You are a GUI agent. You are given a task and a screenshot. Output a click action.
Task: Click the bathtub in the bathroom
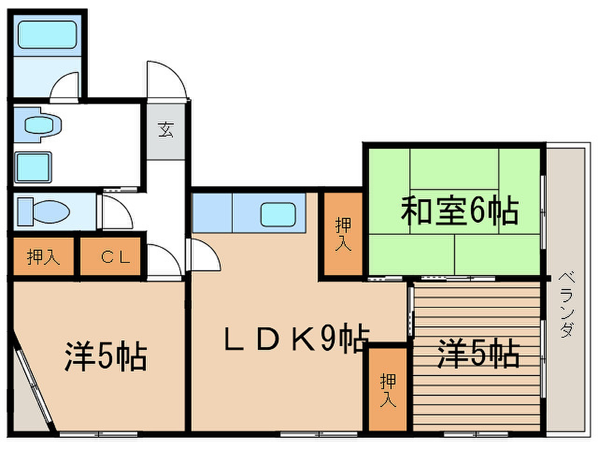coord(47,35)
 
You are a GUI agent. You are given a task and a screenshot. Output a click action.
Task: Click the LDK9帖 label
coord(296,338)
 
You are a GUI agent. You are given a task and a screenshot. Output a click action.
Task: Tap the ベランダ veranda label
coord(567,304)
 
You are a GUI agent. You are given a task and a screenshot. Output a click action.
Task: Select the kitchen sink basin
coord(278,214)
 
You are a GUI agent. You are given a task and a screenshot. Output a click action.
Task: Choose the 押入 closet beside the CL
coord(43,256)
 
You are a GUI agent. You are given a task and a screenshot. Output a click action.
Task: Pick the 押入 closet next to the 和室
coord(343,234)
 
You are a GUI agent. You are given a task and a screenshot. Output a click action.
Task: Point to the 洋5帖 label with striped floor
coord(478,353)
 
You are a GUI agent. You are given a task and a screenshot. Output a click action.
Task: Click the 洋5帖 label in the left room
coord(106,356)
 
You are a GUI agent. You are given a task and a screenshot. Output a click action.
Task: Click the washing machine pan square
coord(33,167)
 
